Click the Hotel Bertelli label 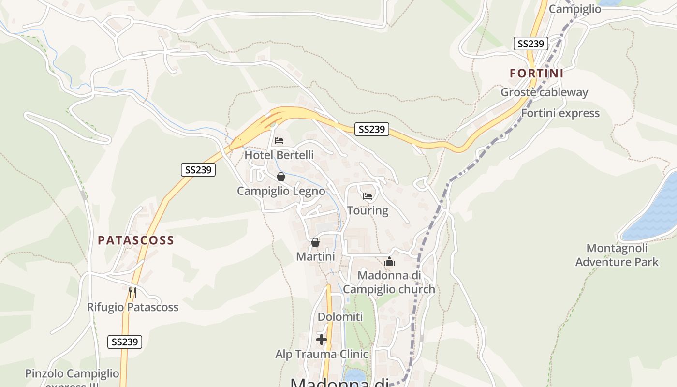coord(279,155)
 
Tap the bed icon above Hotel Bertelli coord(279,141)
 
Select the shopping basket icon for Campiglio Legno coord(281,177)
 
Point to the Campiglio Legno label coord(281,191)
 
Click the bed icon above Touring coord(368,196)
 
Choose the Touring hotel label coord(368,210)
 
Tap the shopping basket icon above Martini coord(315,242)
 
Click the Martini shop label coord(315,256)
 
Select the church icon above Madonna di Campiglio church coord(389,261)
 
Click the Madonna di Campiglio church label coord(389,282)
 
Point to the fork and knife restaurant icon coord(132,292)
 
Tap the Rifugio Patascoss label coord(132,307)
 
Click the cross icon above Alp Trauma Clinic coord(322,340)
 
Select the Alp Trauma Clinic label coord(322,354)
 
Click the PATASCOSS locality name coord(136,240)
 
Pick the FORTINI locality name coord(537,74)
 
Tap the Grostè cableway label coord(544,92)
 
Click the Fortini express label coord(560,113)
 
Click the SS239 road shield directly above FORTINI coord(531,44)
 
